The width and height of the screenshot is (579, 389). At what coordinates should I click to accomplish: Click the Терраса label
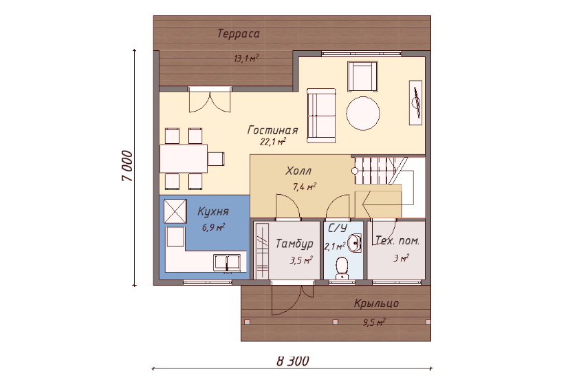tap(238, 34)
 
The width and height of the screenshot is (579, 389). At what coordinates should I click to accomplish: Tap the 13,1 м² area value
tap(246, 58)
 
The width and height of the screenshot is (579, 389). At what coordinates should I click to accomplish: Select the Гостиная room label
tap(272, 130)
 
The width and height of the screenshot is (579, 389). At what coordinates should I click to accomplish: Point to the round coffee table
tap(362, 113)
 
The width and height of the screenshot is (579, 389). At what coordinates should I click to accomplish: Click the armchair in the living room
tap(362, 76)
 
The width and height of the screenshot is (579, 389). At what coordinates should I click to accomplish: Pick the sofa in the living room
tap(322, 116)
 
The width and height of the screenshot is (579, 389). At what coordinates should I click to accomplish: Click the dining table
tap(184, 158)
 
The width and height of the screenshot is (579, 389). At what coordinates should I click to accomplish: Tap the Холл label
tap(298, 171)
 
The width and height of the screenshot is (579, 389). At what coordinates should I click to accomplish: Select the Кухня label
tap(213, 211)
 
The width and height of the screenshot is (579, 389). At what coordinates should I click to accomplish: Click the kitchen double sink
tap(230, 262)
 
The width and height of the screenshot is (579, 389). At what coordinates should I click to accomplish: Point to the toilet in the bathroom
tap(342, 269)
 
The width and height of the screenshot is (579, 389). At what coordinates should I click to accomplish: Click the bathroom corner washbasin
tap(356, 243)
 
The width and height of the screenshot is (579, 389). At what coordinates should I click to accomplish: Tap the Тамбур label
tap(294, 244)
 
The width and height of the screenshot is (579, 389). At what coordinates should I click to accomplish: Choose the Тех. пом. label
tap(397, 241)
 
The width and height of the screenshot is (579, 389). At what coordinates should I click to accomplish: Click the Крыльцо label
tap(376, 303)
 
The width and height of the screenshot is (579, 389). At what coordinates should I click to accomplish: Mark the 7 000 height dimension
tap(127, 166)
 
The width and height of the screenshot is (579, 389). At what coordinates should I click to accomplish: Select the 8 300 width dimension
tap(293, 361)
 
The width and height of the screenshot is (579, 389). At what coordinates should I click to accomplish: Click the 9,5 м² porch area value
tap(373, 322)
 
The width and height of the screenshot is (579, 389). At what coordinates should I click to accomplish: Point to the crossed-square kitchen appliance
tap(175, 211)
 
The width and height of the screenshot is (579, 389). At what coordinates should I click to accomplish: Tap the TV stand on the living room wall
tap(415, 103)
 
